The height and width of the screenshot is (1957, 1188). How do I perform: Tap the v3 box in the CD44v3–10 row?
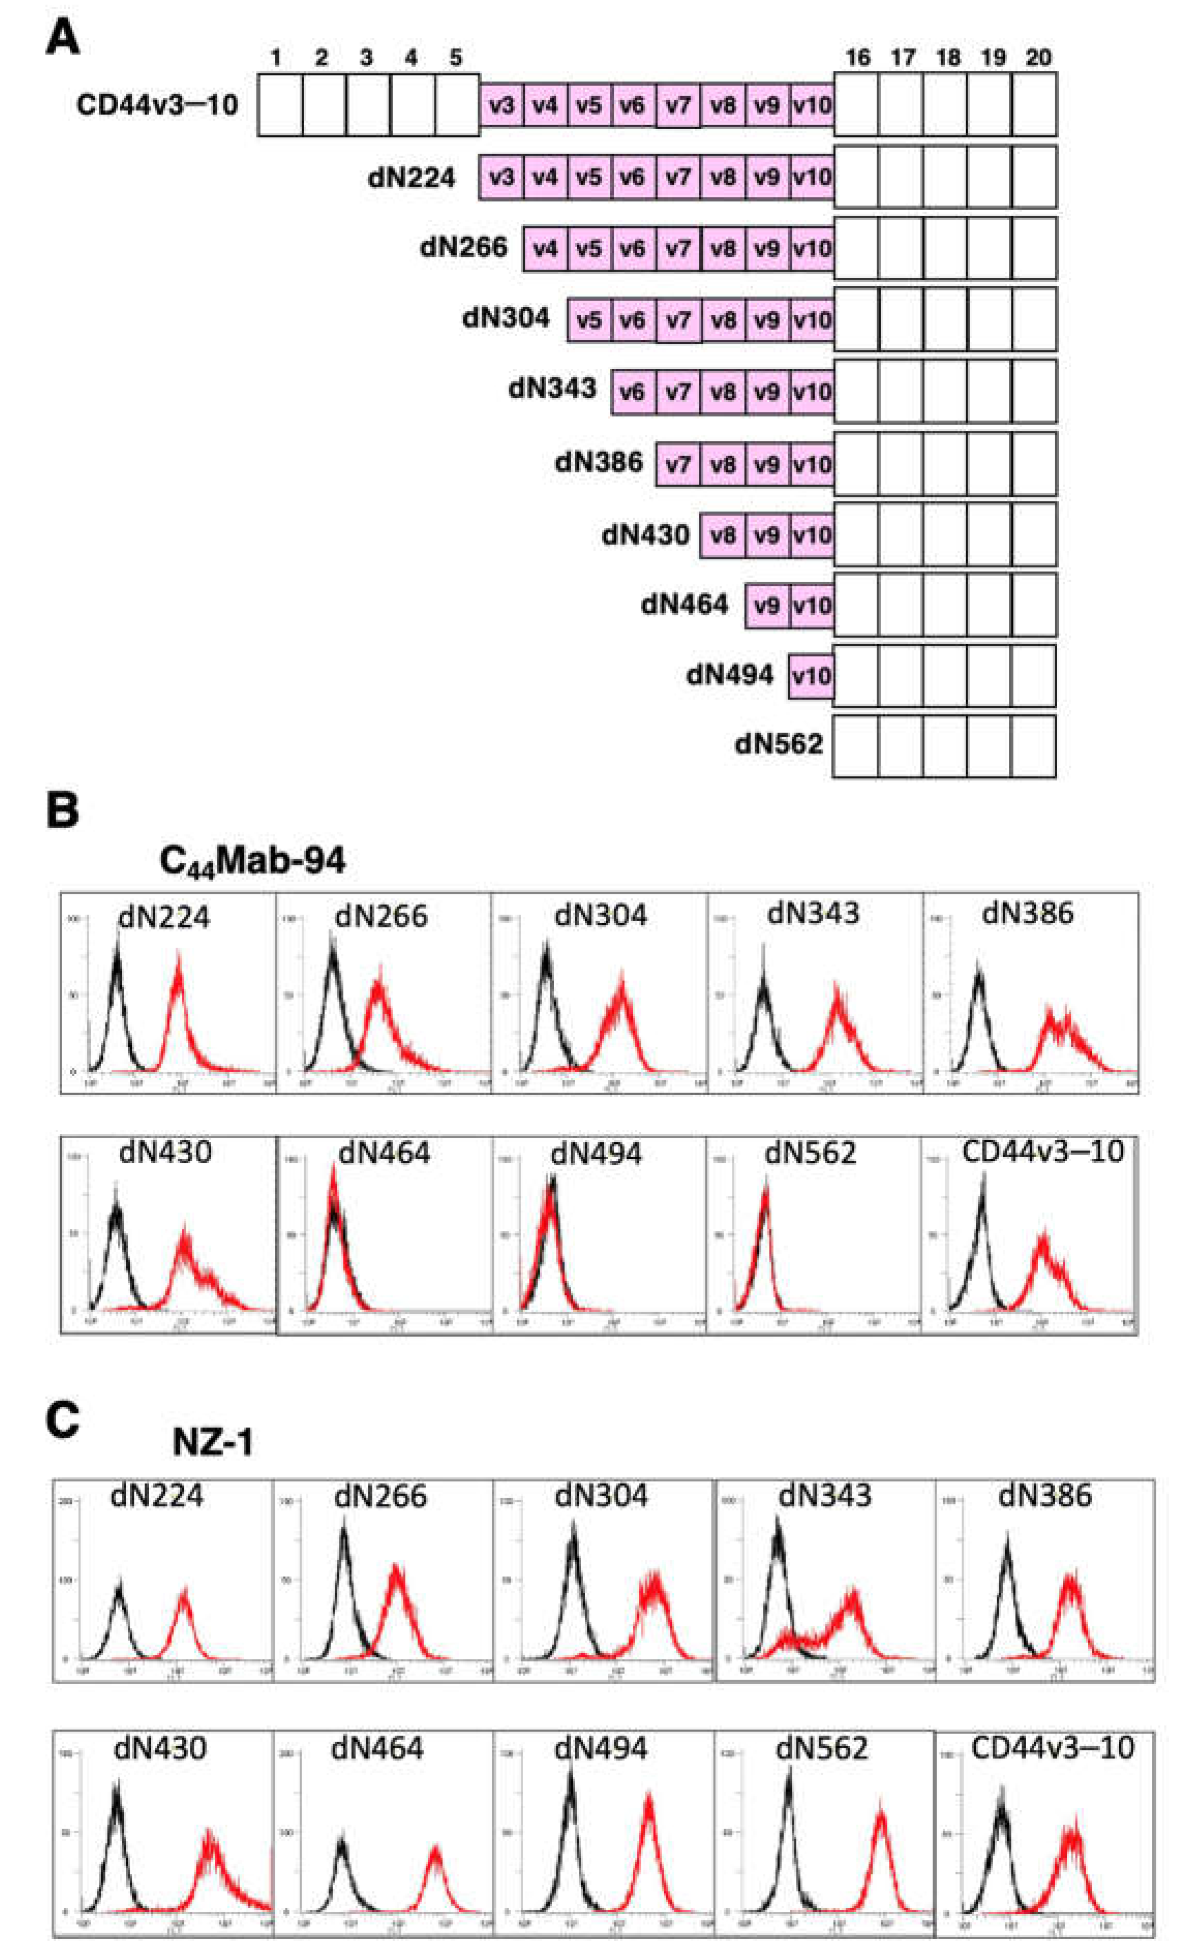501,104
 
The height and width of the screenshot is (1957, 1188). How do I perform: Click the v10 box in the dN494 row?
811,676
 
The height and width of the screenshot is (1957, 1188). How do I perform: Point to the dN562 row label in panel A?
778,744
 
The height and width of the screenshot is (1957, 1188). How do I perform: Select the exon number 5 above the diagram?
455,57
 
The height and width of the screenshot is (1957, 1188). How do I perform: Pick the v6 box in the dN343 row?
632,392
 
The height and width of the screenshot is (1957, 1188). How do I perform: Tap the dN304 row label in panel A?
506,318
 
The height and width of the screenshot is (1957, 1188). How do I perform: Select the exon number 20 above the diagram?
1038,57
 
